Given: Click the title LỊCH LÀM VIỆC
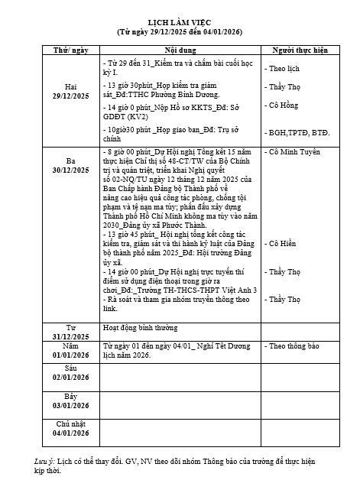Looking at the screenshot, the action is tap(179, 24).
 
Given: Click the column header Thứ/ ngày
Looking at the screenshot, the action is tap(70, 50).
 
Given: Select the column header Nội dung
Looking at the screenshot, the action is tap(180, 50).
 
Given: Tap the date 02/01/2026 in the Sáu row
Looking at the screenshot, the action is tap(70, 377).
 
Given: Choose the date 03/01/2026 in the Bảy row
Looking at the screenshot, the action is tap(70, 405).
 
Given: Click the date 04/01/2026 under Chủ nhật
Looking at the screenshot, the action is tap(70, 433).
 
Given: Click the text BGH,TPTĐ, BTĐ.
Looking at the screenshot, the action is tap(297, 133).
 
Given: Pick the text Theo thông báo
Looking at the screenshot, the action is tap(294, 346).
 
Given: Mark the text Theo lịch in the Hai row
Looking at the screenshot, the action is tap(283, 68).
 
